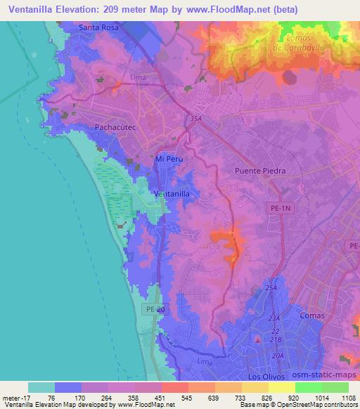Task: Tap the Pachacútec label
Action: click(114, 127)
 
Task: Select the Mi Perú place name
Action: click(169, 160)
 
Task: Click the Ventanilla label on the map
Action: click(172, 193)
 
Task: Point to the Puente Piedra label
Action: click(262, 170)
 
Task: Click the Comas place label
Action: click(311, 316)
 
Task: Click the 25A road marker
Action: click(272, 289)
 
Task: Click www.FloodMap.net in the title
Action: click(220, 10)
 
